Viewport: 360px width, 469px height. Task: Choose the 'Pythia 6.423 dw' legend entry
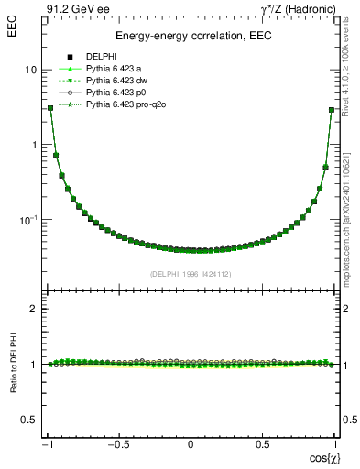click(118, 81)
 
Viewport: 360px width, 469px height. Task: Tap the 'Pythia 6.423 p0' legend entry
click(117, 93)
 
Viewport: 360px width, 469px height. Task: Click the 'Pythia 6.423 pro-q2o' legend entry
click(126, 105)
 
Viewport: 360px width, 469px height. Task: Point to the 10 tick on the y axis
click(30, 71)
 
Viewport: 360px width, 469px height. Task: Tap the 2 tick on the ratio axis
click(34, 310)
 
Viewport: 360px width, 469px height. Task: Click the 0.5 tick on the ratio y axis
click(30, 420)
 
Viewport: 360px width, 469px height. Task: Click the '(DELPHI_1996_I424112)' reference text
click(191, 273)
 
